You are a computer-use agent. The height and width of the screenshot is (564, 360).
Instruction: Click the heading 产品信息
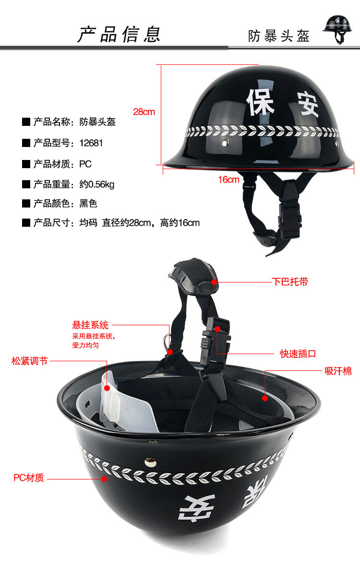(119, 35)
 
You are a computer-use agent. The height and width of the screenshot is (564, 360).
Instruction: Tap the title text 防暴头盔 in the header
(279, 36)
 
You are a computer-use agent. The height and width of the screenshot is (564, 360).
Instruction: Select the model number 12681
(91, 143)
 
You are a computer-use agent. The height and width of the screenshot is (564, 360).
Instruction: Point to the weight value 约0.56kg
(97, 184)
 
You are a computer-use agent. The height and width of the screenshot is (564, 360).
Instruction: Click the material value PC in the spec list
(85, 164)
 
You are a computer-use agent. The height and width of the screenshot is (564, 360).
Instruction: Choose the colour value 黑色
(88, 204)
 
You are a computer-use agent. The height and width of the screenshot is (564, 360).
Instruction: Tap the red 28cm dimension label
(144, 112)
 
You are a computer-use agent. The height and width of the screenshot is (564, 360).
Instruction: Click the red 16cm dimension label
(228, 180)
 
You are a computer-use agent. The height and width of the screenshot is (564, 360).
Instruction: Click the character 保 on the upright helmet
(261, 102)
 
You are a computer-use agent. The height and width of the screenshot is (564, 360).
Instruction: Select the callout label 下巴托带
(290, 282)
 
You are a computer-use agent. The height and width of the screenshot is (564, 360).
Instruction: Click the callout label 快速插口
(298, 354)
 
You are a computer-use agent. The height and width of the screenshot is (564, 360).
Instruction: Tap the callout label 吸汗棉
(338, 371)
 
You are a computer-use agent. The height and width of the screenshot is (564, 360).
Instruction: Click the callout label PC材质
(29, 478)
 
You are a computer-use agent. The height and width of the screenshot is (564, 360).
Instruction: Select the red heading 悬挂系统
(90, 325)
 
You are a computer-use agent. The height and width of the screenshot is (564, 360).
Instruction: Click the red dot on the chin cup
(214, 282)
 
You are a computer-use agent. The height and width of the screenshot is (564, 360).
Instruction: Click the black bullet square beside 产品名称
(26, 122)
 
